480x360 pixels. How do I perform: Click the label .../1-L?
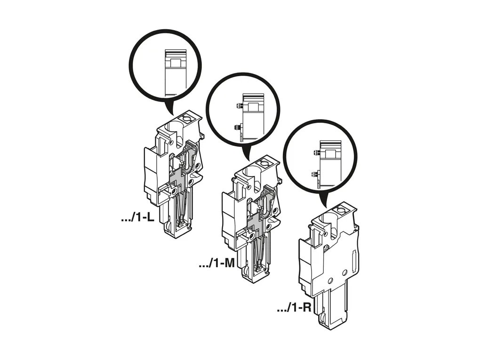[138, 218]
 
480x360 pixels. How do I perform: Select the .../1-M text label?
[217, 263]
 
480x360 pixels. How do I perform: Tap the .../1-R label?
[294, 307]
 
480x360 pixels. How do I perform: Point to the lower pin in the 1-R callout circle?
[314, 175]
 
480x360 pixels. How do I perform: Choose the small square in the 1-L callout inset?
[176, 63]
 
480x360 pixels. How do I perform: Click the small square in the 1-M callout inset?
[253, 107]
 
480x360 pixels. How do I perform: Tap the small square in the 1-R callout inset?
[330, 154]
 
